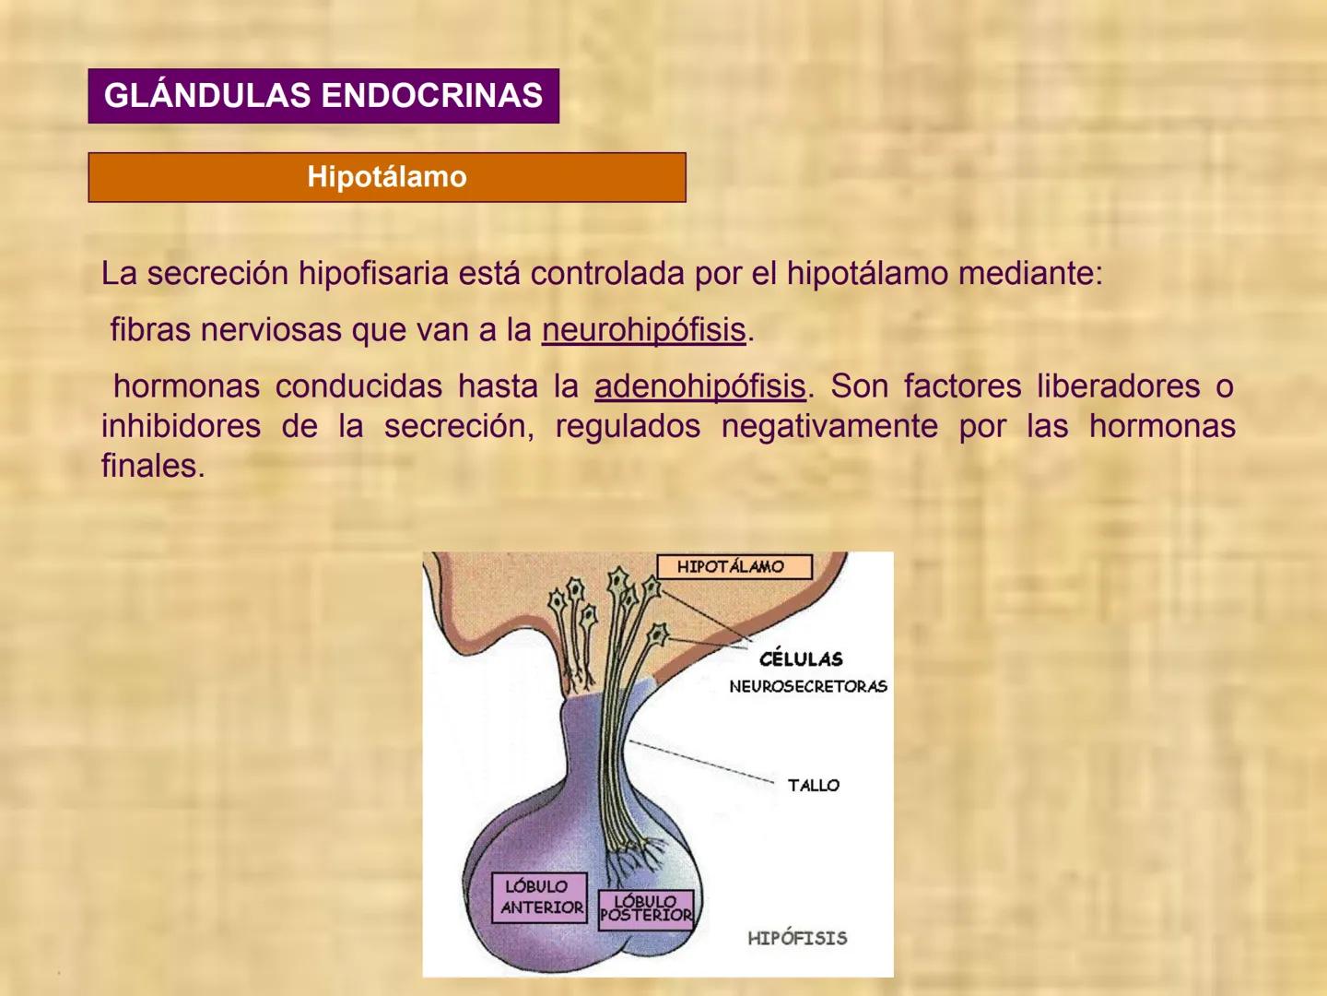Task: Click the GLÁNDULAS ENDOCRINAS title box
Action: click(x=323, y=96)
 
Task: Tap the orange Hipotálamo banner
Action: click(x=387, y=177)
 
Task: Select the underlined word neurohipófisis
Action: click(x=643, y=330)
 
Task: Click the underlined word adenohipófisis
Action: click(x=699, y=386)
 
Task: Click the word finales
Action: click(x=152, y=466)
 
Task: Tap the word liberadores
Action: click(x=1118, y=386)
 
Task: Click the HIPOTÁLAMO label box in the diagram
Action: click(x=734, y=566)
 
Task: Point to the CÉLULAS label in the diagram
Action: click(x=801, y=658)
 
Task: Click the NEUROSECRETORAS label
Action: click(x=808, y=686)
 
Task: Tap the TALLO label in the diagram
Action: click(x=814, y=786)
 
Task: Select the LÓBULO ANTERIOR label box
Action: click(x=540, y=896)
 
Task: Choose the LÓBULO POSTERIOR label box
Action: click(x=645, y=909)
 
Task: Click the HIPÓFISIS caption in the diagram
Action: click(x=797, y=939)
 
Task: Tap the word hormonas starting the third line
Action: click(x=186, y=386)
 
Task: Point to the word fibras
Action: click(x=150, y=330)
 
